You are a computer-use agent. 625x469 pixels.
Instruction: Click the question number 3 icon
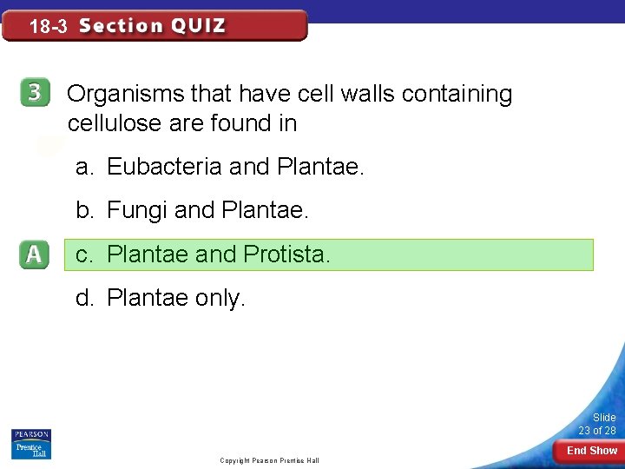pos(33,94)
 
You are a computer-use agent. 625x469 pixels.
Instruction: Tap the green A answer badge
pos(33,255)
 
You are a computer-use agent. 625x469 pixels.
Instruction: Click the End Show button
pos(592,451)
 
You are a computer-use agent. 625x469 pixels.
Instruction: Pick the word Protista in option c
pos(286,255)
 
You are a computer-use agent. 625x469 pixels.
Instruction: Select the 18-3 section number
pos(48,27)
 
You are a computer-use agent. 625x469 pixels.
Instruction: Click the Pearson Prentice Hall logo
pos(31,444)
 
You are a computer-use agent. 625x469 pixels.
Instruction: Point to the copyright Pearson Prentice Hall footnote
pos(269,459)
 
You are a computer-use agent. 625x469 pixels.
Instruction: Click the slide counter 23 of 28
pos(597,425)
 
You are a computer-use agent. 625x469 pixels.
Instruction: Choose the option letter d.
pos(83,299)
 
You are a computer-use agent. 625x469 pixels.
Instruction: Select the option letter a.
pos(83,167)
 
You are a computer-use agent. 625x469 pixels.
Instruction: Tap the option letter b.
pos(83,211)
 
